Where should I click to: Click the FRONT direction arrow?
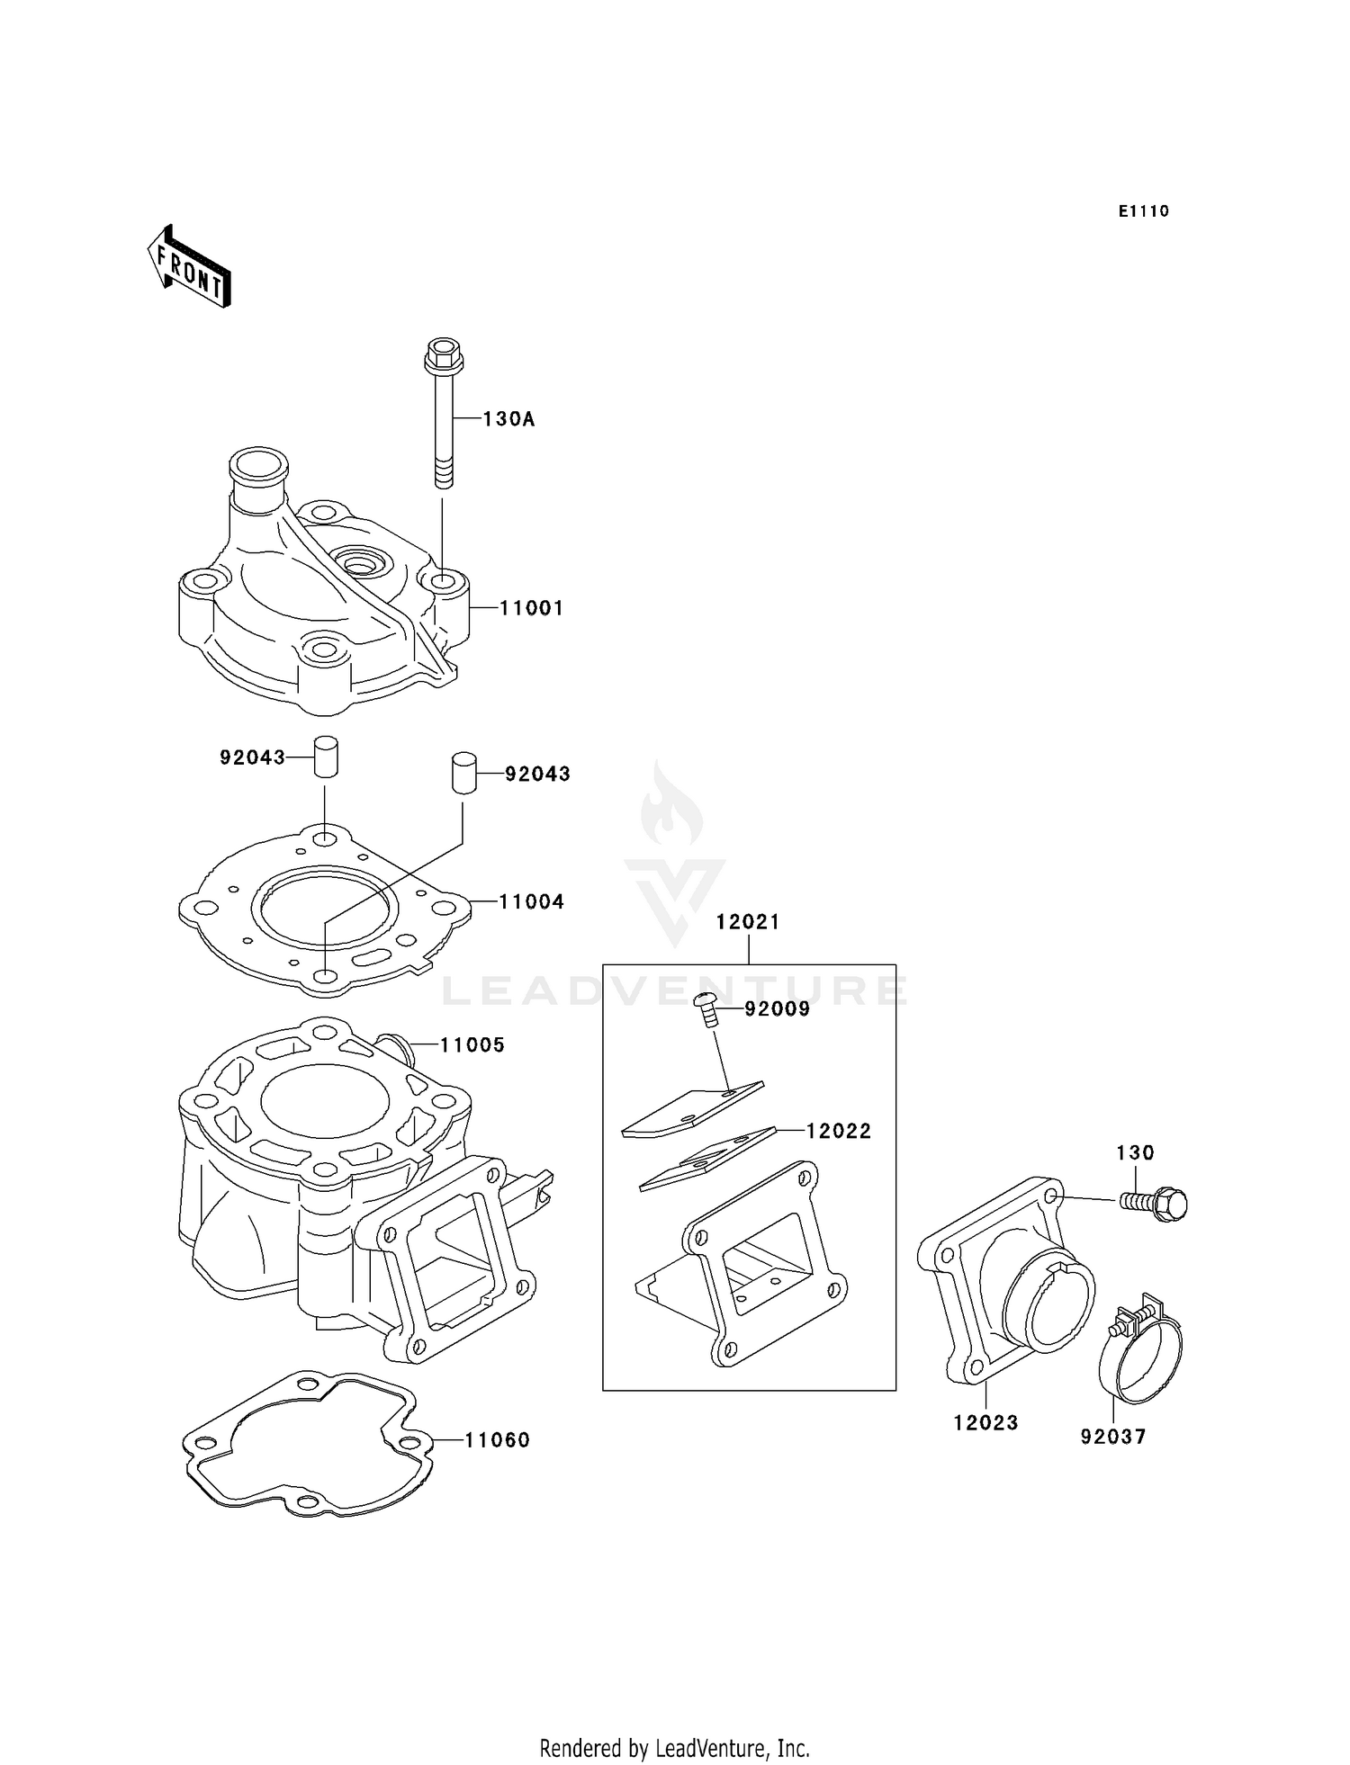click(x=190, y=267)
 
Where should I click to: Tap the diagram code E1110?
click(x=1143, y=211)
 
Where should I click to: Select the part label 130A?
click(x=508, y=419)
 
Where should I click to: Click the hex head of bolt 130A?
click(x=443, y=355)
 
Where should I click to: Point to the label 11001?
click(x=531, y=608)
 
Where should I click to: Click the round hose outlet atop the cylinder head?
click(x=259, y=465)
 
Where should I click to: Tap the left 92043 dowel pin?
click(x=325, y=757)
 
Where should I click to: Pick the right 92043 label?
click(x=537, y=775)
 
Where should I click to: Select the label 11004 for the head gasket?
click(x=531, y=902)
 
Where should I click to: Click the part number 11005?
click(x=472, y=1045)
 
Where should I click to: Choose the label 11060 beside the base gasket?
click(x=497, y=1440)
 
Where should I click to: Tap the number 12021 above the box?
click(x=748, y=922)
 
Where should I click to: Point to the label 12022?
click(x=838, y=1132)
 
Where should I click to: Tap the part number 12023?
click(x=985, y=1423)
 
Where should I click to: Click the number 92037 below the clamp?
click(x=1113, y=1437)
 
